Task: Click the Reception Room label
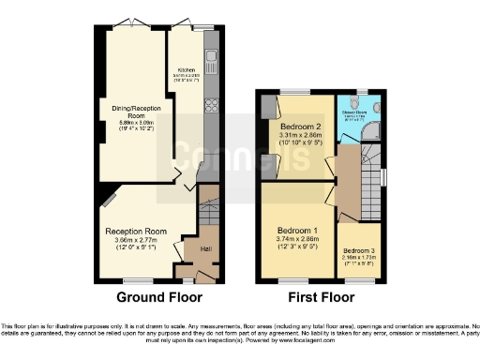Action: tap(136, 231)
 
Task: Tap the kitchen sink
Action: tap(211, 64)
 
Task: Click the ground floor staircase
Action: tap(207, 211)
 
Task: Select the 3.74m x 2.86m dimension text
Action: tap(299, 240)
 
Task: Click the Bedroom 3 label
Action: tap(358, 250)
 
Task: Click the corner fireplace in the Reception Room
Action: tap(110, 200)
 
